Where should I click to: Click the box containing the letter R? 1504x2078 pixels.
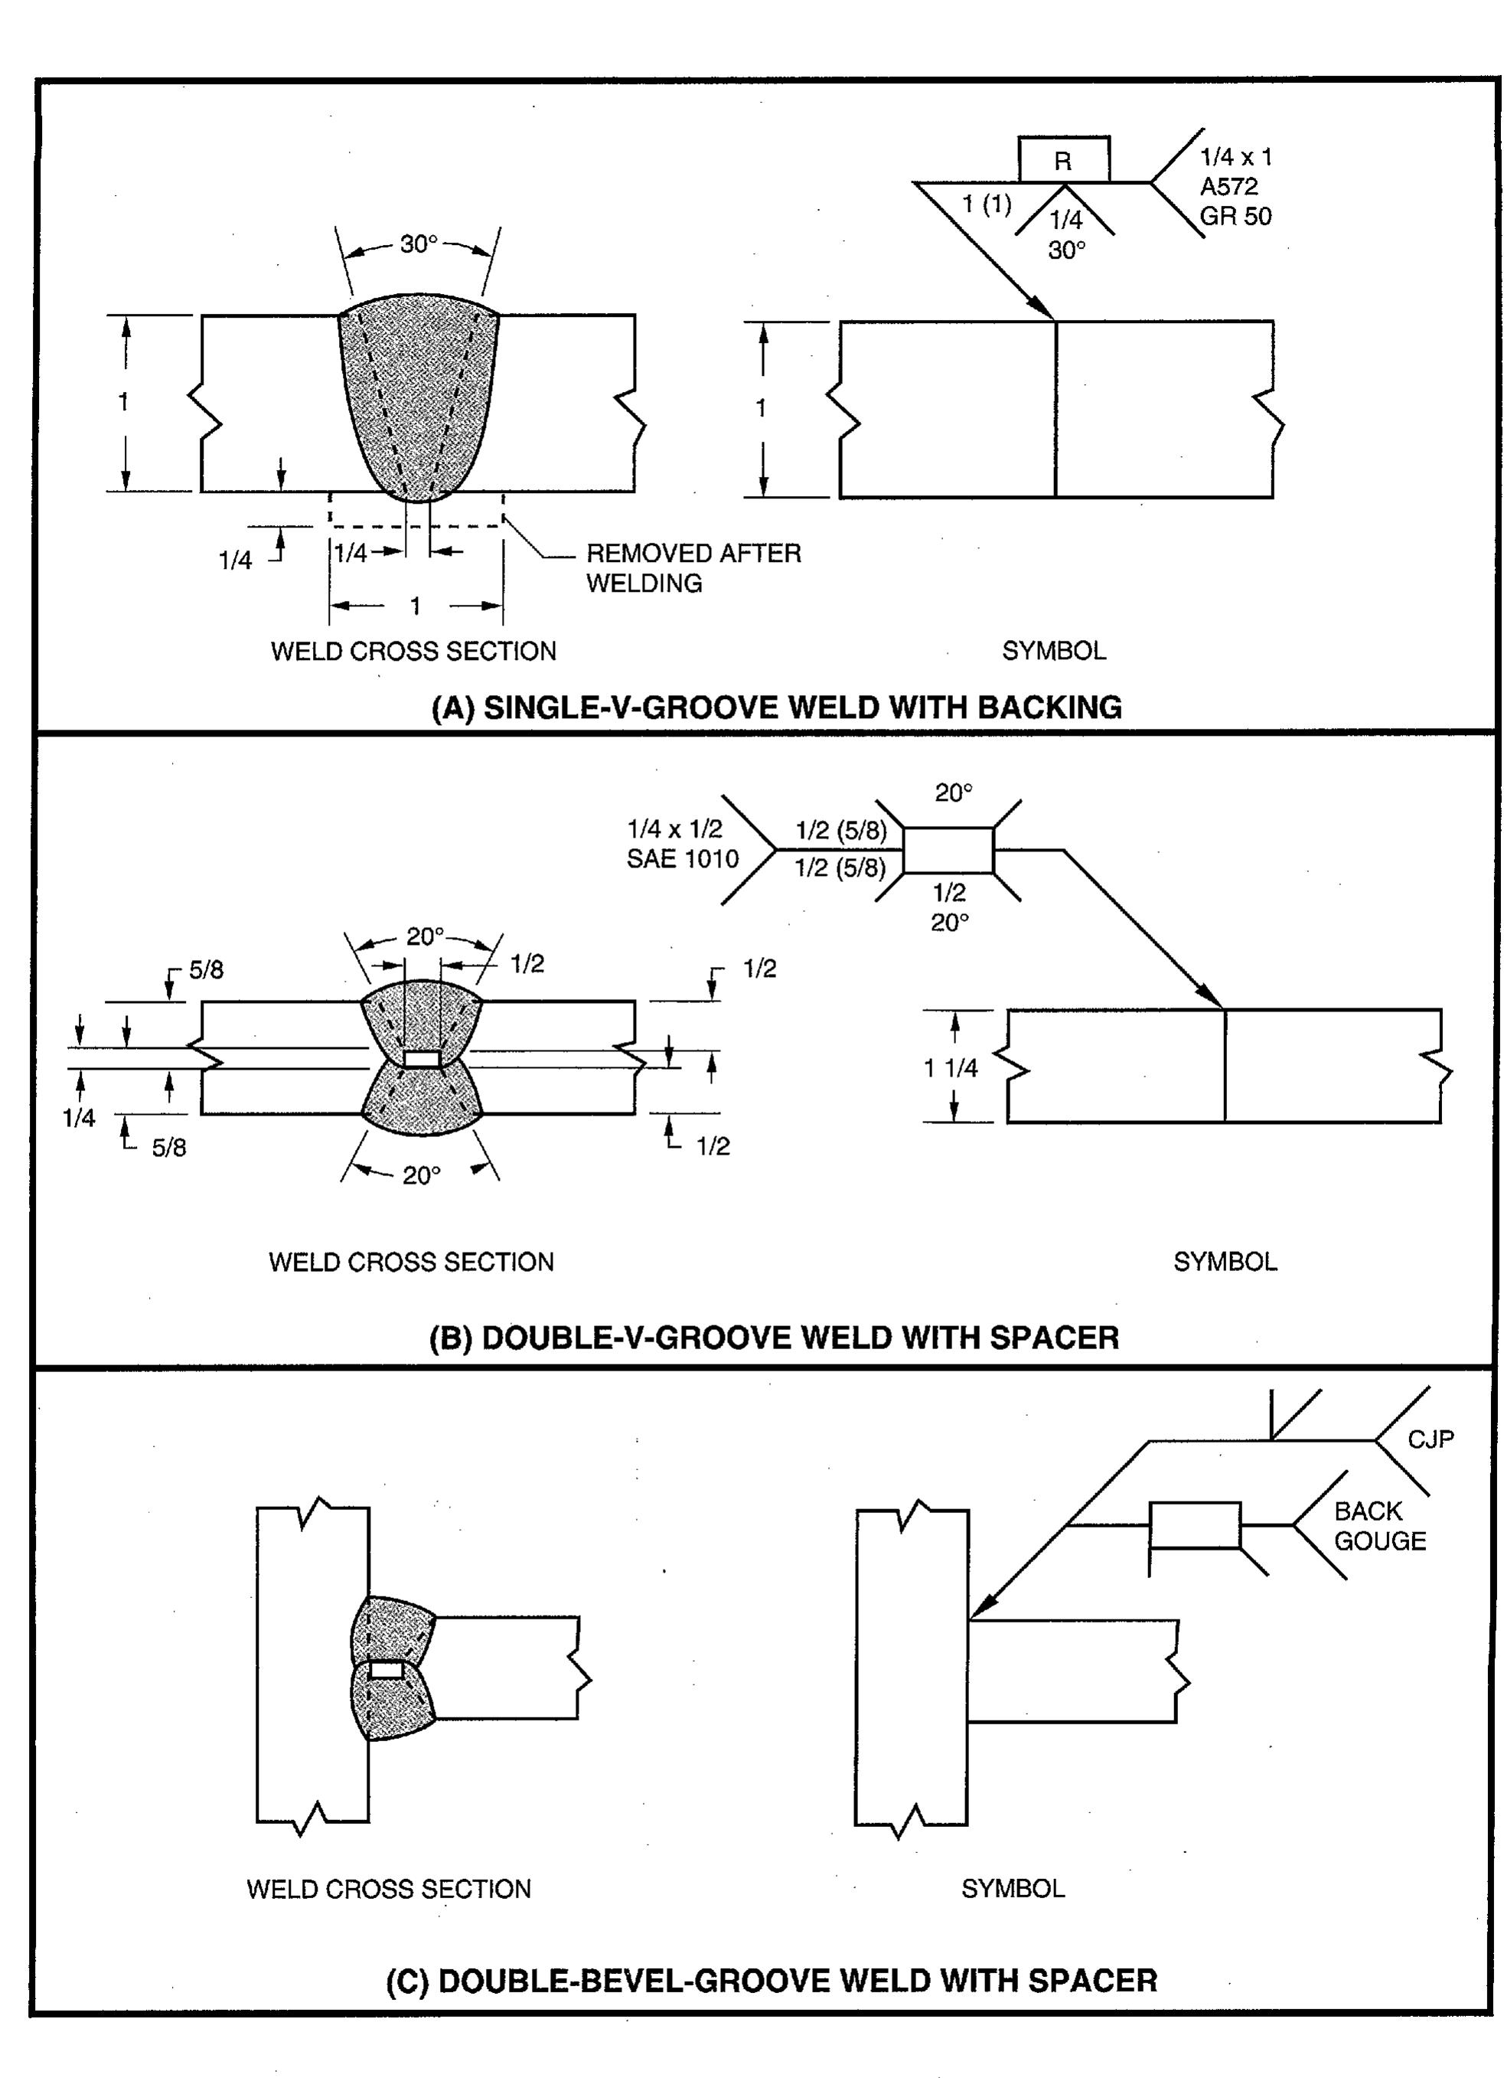[x=1063, y=160]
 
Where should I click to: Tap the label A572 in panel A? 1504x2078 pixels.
[x=1228, y=187]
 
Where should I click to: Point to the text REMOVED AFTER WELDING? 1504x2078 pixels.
[x=693, y=567]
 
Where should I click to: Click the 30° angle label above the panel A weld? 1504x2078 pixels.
[x=419, y=245]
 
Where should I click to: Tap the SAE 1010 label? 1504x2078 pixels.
[x=683, y=859]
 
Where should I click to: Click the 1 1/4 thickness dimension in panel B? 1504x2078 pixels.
[x=950, y=1067]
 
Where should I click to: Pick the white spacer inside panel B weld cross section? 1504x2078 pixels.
[x=421, y=1059]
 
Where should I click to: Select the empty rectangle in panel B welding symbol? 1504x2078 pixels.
[x=948, y=850]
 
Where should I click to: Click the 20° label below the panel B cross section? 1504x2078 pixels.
[x=421, y=1175]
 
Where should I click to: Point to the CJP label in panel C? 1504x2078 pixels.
[x=1430, y=1439]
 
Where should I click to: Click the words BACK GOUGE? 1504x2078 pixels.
[x=1378, y=1525]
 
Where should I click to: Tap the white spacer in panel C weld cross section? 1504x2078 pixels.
[x=386, y=1670]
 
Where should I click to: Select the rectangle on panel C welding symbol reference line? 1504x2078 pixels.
[x=1195, y=1524]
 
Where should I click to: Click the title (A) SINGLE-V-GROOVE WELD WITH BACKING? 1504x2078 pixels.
[x=776, y=707]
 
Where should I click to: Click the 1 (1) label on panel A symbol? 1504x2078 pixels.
[x=987, y=204]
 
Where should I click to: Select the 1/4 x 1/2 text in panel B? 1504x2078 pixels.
[x=674, y=829]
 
